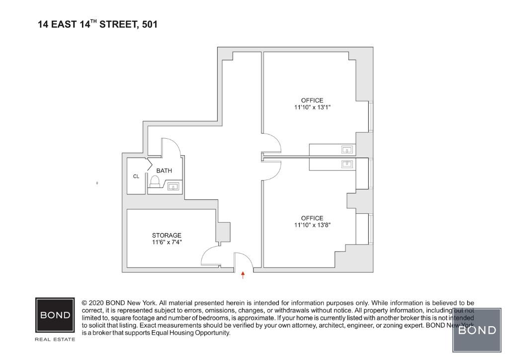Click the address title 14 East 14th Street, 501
(x=97, y=24)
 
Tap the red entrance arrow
(x=243, y=275)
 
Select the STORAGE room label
(x=167, y=235)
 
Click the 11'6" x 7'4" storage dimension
(x=167, y=242)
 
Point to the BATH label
(x=164, y=171)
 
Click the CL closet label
(x=136, y=176)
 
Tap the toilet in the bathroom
(x=155, y=182)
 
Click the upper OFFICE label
(x=312, y=100)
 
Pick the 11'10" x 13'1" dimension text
(x=312, y=107)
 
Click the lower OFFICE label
(x=312, y=218)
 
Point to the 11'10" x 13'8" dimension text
(x=312, y=225)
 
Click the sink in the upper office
(x=347, y=149)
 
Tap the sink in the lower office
(x=347, y=164)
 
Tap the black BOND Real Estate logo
(x=55, y=315)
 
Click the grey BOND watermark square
(x=477, y=330)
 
